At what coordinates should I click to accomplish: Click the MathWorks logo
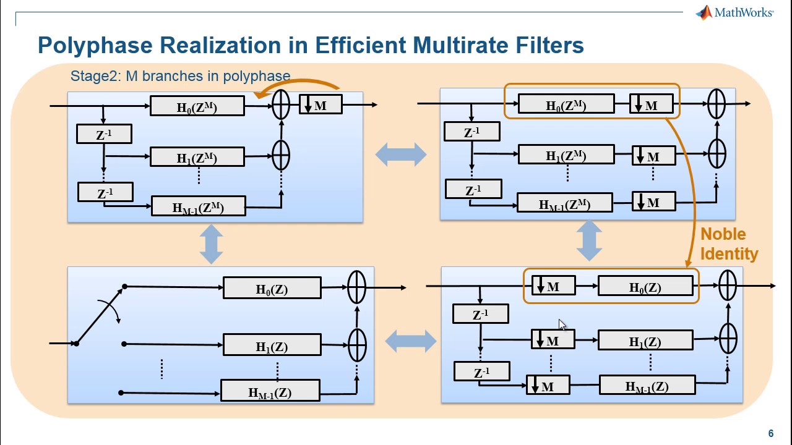tap(734, 12)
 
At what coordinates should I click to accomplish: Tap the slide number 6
tap(770, 433)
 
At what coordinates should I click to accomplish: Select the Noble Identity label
tap(728, 244)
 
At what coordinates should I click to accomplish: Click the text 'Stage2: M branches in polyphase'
tap(180, 76)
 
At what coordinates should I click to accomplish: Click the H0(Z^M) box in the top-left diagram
tap(197, 106)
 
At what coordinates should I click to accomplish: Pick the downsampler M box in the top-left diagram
tap(321, 105)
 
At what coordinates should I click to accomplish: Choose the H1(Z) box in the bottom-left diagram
tap(272, 345)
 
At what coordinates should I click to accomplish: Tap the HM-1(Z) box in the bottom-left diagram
tap(270, 391)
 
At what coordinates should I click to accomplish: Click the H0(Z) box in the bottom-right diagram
tap(645, 287)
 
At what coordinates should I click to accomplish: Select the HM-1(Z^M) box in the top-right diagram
tap(564, 203)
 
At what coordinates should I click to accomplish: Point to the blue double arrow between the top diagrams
tap(401, 154)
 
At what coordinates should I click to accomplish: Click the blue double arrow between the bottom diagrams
tap(410, 340)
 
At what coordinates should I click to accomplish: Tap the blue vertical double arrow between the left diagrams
tap(212, 244)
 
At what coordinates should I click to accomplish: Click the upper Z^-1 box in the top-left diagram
tap(104, 134)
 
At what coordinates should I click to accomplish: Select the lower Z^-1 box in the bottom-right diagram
tap(481, 371)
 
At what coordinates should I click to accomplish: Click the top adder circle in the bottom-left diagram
tap(356, 287)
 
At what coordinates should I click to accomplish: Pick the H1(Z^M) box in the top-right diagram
tap(566, 155)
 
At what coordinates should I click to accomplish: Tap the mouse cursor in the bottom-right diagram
tap(562, 326)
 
